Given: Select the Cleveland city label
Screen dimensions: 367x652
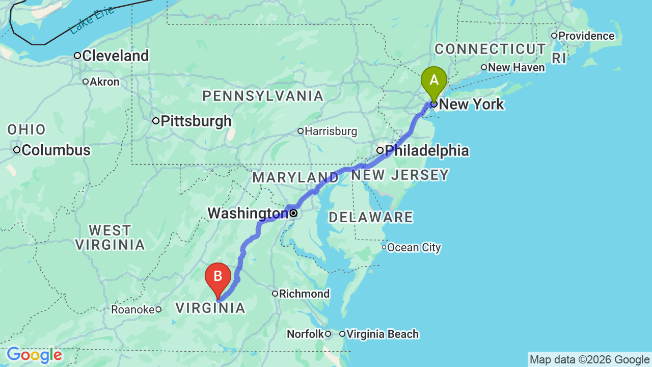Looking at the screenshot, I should point(115,56).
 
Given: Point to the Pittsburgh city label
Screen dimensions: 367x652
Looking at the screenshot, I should point(196,121).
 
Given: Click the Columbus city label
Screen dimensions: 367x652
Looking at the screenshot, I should point(56,150).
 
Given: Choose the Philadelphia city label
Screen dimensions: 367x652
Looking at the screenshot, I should point(426,151).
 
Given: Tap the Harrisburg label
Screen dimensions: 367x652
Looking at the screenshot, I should point(331,132).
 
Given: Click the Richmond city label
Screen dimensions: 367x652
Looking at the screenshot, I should point(305,294).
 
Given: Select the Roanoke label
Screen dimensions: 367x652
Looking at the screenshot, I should point(133,309).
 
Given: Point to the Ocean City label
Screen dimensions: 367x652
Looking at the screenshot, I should point(414,248).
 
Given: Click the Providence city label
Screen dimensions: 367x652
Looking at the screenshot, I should point(586,36).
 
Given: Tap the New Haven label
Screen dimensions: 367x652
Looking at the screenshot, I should point(516,68).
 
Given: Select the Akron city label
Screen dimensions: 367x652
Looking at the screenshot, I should point(104,82).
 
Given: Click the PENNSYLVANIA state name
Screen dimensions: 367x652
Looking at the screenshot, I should point(263,96).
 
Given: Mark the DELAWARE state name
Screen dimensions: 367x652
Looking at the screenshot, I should point(371,218).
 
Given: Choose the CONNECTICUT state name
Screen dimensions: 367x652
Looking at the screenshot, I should point(490,49).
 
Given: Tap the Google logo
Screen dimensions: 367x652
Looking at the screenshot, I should point(34,355).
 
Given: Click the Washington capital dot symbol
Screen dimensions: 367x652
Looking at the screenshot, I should point(293,213).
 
